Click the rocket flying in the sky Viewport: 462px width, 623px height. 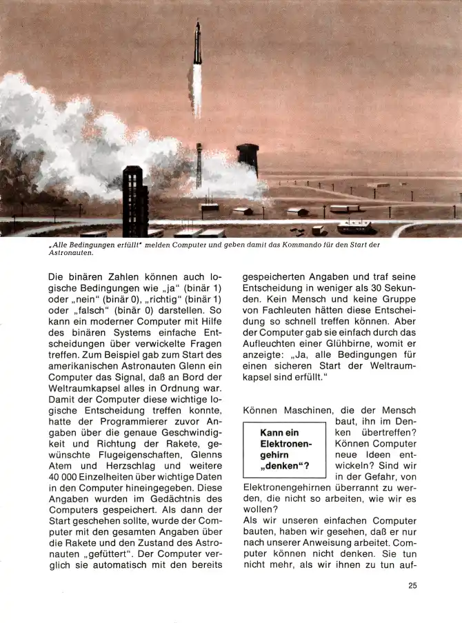[197, 43]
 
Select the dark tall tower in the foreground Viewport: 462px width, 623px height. [134, 200]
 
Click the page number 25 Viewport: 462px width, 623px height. [412, 586]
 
